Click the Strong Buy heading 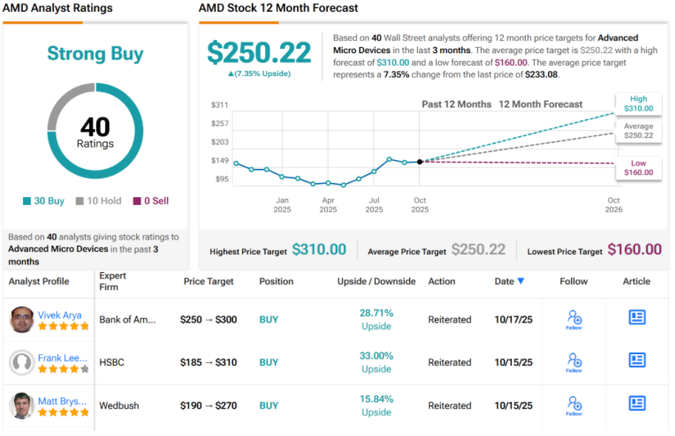95,54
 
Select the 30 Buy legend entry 44,201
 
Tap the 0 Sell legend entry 151,201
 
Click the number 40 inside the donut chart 95,127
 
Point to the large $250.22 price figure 258,52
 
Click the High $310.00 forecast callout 638,104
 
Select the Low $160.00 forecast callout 638,167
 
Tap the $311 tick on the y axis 219,105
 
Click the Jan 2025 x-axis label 282,204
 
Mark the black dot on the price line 419,162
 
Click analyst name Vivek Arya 60,315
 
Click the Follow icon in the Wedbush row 574,404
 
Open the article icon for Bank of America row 637,317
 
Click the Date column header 510,281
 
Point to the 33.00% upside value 376,356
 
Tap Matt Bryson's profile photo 21,406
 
